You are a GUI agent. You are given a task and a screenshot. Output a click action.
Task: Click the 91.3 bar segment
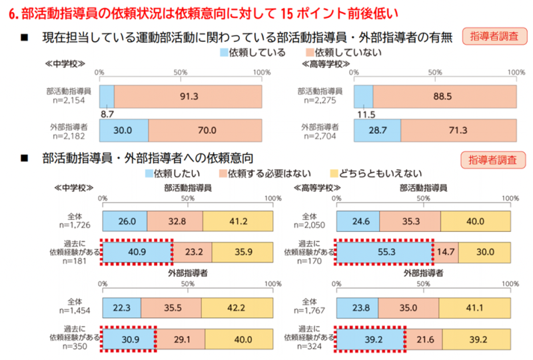(187, 96)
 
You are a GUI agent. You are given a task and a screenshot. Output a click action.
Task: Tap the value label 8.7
(106, 115)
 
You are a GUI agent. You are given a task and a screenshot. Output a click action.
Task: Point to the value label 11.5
(364, 115)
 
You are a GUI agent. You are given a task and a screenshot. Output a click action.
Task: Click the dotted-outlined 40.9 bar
(137, 253)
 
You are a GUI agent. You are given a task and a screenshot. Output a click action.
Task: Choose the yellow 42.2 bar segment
(237, 309)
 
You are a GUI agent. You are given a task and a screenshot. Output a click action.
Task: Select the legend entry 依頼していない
(334, 52)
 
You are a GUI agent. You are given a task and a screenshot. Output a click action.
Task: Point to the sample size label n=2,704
(323, 135)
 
